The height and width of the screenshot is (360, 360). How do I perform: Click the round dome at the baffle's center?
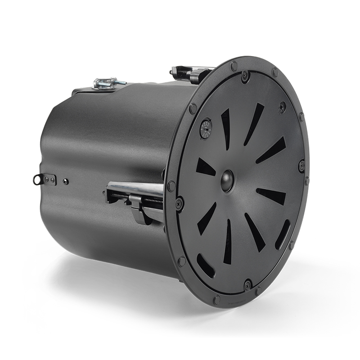[x=227, y=180]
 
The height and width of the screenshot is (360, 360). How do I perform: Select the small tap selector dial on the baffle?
[x=206, y=128]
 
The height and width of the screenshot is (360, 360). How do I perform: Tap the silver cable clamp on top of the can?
[x=103, y=84]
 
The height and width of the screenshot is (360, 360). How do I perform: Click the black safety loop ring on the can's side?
[x=37, y=180]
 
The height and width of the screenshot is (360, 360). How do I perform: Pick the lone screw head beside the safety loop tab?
[x=66, y=181]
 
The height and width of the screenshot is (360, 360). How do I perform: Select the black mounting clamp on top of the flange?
[x=189, y=73]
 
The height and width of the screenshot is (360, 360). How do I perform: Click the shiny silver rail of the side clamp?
[x=135, y=189]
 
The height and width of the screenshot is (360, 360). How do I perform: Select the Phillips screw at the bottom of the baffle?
[x=247, y=284]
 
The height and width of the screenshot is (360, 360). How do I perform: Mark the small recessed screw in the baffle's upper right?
[x=282, y=107]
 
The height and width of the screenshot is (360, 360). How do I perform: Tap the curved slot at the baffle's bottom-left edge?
[x=205, y=265]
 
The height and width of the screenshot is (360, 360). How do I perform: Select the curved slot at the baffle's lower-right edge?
[x=283, y=234]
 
